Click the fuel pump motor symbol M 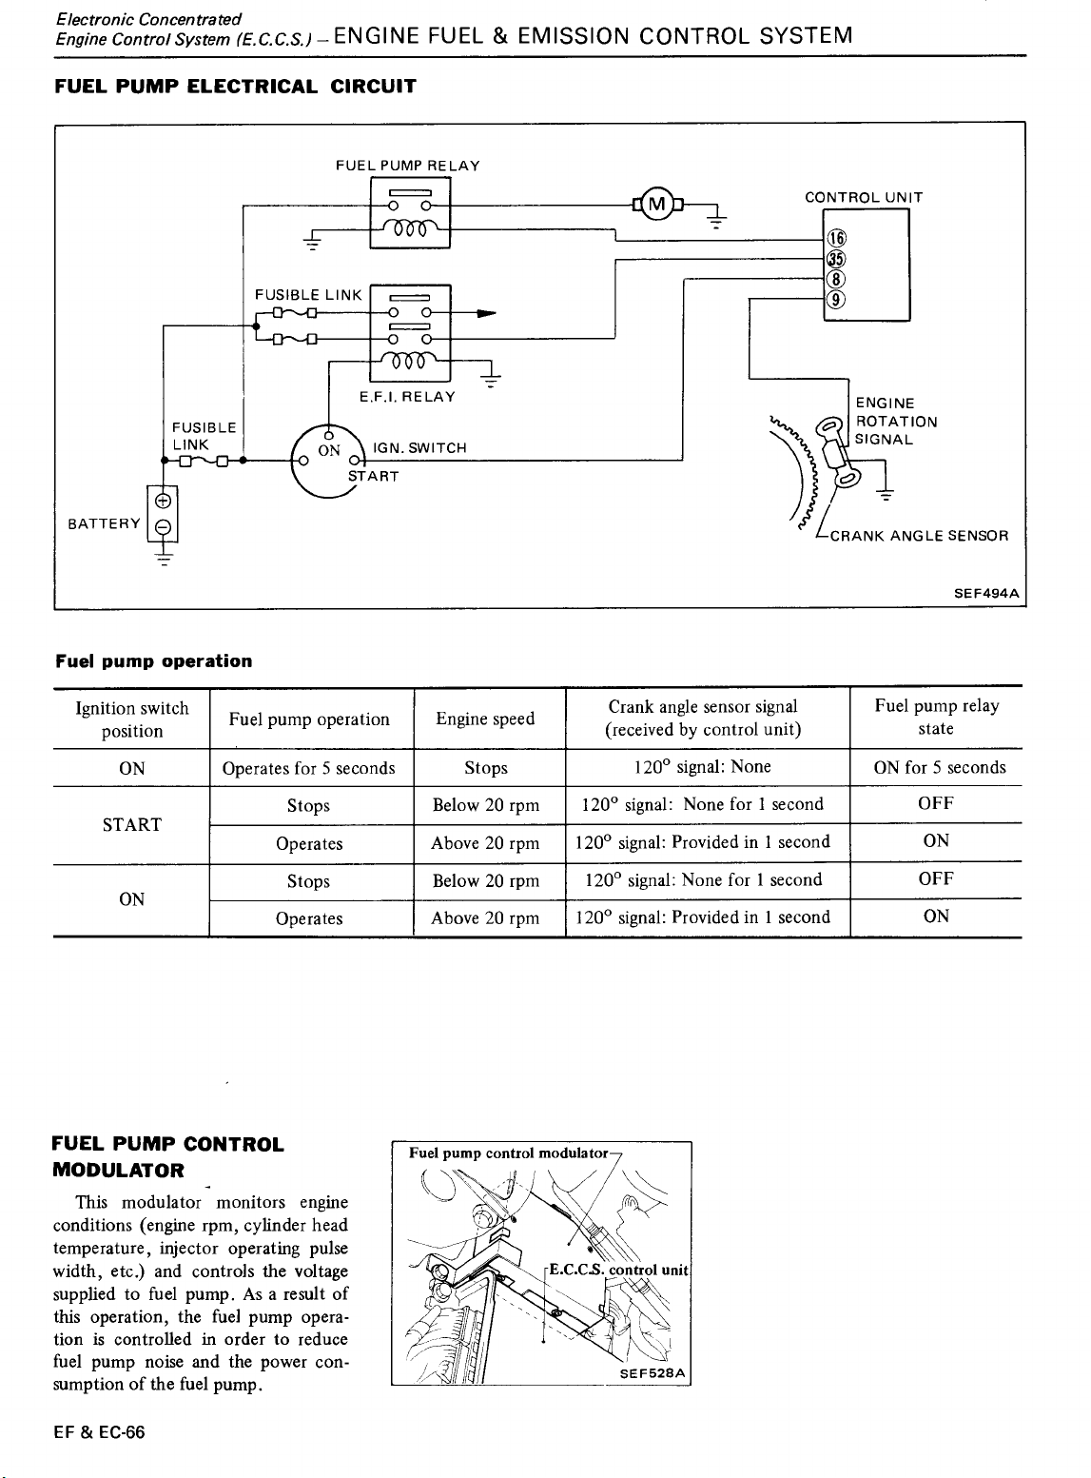click(656, 204)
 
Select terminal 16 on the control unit click(836, 238)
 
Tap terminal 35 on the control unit click(836, 259)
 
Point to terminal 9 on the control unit click(836, 300)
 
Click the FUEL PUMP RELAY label click(408, 166)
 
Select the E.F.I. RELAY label click(408, 397)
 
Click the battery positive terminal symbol click(164, 501)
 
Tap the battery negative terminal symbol click(164, 528)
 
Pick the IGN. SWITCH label click(419, 448)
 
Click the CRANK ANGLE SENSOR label click(919, 536)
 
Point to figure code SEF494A click(986, 593)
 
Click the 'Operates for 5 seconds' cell click(308, 768)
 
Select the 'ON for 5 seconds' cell click(940, 768)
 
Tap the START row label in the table click(132, 825)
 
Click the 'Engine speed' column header click(485, 719)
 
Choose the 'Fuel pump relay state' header click(937, 717)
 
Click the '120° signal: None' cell click(703, 767)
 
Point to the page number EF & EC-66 click(99, 1432)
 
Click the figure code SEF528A click(653, 1373)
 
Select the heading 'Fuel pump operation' click(154, 661)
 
